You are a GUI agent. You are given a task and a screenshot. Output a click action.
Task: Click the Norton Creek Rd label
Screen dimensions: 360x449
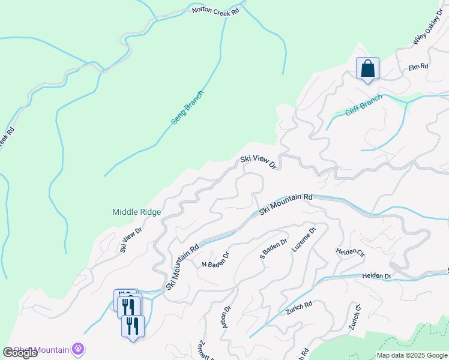(x=215, y=10)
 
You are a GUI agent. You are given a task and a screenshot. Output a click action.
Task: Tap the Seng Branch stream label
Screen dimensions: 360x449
(x=187, y=107)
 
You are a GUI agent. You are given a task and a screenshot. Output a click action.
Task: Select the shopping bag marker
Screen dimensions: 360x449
(x=367, y=68)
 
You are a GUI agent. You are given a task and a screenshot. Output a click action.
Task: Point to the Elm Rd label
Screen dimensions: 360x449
(x=418, y=66)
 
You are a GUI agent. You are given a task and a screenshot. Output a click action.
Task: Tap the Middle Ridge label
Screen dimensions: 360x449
(x=137, y=211)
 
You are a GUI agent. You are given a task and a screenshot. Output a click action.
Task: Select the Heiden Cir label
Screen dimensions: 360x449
(x=351, y=253)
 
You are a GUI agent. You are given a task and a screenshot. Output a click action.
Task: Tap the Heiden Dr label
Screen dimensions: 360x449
(x=376, y=275)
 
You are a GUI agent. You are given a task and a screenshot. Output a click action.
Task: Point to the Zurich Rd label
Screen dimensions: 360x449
(x=300, y=305)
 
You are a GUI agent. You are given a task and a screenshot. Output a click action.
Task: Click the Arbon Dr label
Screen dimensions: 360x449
(x=227, y=317)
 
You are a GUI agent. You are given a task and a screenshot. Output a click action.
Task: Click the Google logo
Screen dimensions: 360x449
(x=20, y=353)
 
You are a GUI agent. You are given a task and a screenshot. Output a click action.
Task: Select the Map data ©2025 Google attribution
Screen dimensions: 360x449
(x=411, y=355)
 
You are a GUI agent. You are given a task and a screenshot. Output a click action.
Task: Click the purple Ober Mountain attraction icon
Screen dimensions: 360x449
(x=77, y=349)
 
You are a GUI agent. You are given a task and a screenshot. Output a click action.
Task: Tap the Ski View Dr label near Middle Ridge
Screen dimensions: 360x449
(x=130, y=239)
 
